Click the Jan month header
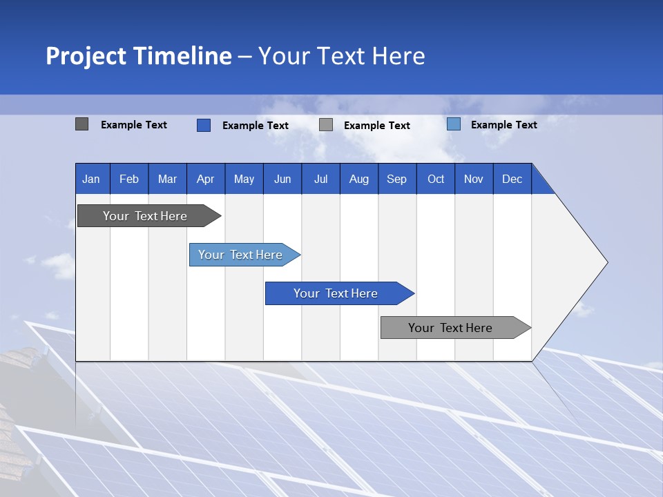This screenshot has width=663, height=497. pos(91,179)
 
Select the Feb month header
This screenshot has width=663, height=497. pos(129,179)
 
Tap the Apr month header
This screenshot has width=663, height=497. pos(205,179)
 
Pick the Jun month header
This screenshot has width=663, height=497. pos(282,179)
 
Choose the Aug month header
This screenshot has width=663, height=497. pos(358,179)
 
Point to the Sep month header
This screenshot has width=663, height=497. pos(396,179)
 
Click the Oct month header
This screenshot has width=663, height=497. pos(436,179)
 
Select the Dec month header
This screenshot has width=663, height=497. pos(512,179)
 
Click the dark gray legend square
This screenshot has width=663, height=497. pos(81,124)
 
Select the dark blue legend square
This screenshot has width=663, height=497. pos(203,125)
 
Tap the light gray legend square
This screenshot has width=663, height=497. pos(326,125)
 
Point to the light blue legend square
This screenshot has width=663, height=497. pos(453,124)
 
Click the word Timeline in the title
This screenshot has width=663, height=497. pos(182,56)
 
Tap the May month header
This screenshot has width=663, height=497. pos(244,179)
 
